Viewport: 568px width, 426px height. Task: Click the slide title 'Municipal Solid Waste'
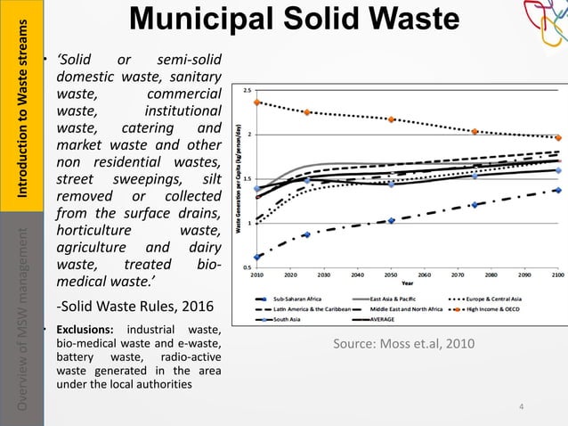tap(293, 22)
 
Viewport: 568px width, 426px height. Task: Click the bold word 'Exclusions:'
tap(84, 332)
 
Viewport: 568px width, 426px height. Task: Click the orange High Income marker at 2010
tap(257, 102)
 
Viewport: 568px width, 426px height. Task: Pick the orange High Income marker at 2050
tap(391, 119)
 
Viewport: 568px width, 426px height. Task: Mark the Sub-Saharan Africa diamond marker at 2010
tap(257, 257)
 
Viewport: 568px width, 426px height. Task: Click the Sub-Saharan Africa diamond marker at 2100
tap(557, 190)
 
